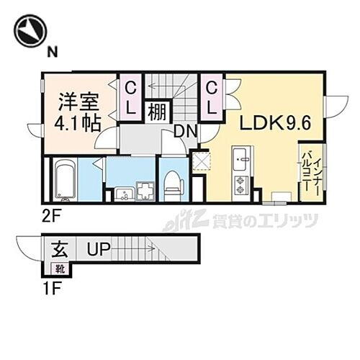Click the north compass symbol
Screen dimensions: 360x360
pos(29,30)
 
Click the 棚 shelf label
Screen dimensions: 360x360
pos(158,112)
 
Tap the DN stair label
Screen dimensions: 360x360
pos(186,132)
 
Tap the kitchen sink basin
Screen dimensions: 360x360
pos(240,154)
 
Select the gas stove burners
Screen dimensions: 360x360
pos(240,184)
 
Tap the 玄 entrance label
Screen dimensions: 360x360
pos(58,251)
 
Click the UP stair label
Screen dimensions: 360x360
pos(99,251)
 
